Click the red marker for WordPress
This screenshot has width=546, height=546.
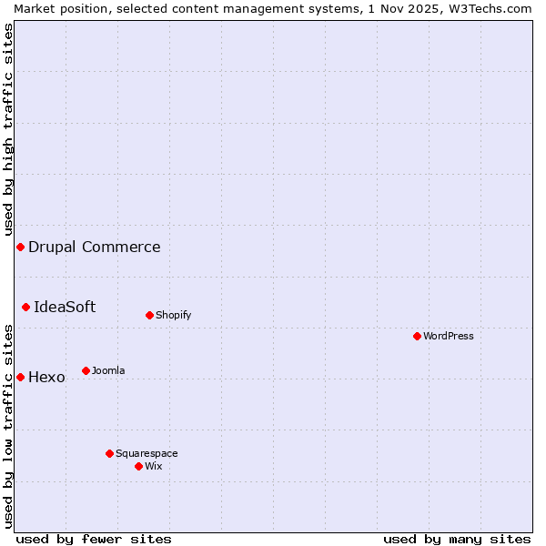click(x=418, y=336)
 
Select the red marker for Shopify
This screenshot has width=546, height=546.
click(x=150, y=315)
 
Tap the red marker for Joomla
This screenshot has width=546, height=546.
click(x=86, y=370)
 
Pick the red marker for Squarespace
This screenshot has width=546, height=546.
click(x=110, y=453)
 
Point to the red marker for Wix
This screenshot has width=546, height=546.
click(x=139, y=466)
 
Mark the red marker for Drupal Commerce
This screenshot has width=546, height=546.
click(x=20, y=248)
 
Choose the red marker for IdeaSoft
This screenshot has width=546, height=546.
click(x=26, y=308)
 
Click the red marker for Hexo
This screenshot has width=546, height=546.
click(x=20, y=377)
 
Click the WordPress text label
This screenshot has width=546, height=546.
click(x=449, y=336)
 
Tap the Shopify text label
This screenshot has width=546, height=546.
click(x=173, y=315)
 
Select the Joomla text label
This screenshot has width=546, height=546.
click(x=108, y=370)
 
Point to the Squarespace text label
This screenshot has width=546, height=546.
click(x=147, y=453)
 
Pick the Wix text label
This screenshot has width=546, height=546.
click(x=154, y=466)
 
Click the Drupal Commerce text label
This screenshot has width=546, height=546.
click(x=95, y=247)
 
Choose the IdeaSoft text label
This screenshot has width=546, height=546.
click(x=65, y=307)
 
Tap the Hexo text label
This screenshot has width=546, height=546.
click(x=47, y=377)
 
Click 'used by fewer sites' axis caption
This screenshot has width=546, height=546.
click(x=94, y=539)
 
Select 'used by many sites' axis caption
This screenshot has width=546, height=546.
click(x=457, y=539)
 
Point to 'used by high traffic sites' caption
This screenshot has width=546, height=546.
click(x=8, y=129)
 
